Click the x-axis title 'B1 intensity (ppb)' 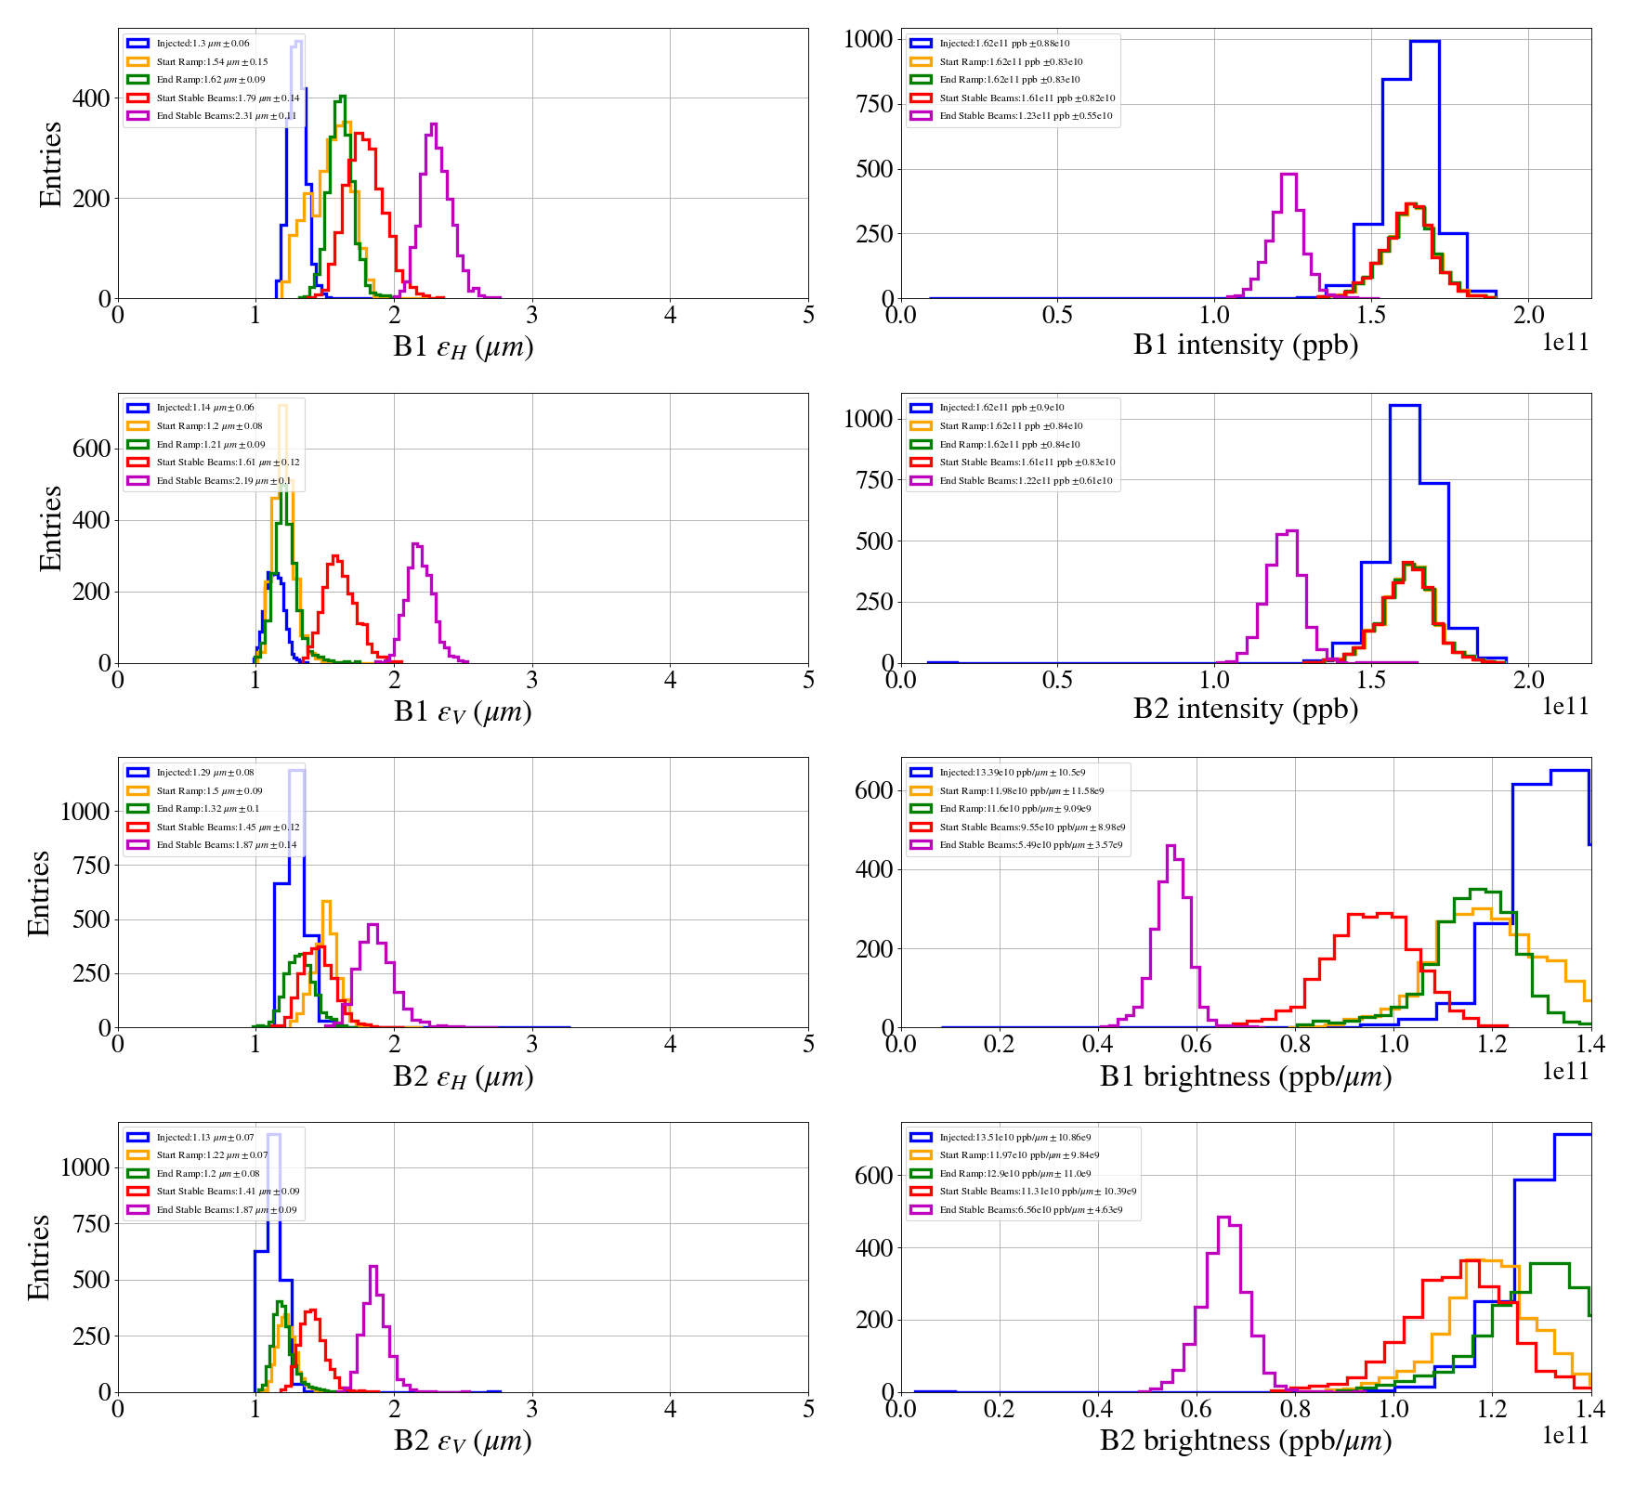(1245, 345)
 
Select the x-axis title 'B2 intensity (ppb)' (1245, 710)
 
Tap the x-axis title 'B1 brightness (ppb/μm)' (1245, 1076)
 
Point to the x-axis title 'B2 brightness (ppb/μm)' (1245, 1440)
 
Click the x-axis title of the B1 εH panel (463, 346)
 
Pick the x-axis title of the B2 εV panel (463, 1440)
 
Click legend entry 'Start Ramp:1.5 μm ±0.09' (209, 791)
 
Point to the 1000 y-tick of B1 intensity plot (868, 39)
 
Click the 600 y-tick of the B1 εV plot (92, 449)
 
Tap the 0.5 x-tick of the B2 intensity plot (1057, 680)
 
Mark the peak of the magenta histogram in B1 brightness (1171, 846)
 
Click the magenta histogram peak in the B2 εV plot (373, 1267)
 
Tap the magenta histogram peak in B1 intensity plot (1288, 175)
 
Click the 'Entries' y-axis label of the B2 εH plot (39, 893)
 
